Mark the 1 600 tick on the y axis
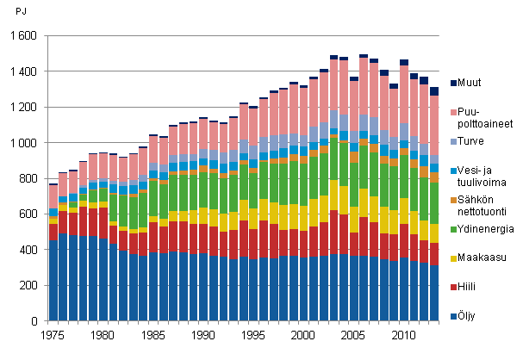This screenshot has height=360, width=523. pos(22,36)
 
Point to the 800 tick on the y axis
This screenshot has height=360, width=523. pos(27,178)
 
